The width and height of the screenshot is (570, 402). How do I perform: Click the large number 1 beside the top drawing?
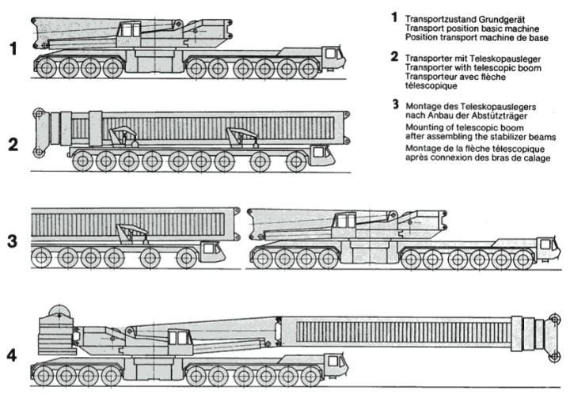[13, 49]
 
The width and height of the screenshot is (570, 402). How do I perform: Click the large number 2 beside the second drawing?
[13, 145]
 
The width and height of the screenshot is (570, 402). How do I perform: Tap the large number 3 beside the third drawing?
[13, 241]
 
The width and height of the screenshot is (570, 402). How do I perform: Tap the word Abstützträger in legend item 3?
[492, 115]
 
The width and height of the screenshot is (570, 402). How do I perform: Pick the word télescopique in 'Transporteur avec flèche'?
[431, 86]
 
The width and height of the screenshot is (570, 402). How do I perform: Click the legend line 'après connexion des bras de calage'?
[477, 157]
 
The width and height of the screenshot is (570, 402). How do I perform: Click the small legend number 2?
[394, 57]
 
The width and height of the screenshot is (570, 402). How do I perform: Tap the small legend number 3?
[394, 104]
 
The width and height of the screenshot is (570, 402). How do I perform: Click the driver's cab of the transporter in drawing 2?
[321, 154]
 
